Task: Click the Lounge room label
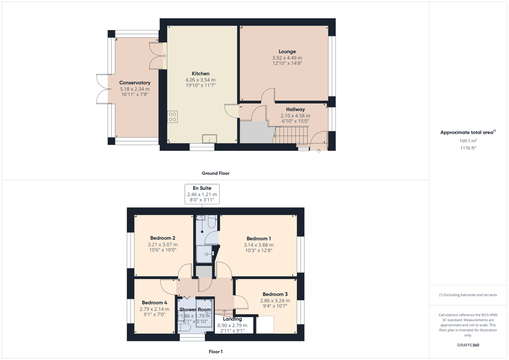point(287,51)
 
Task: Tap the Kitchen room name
point(200,74)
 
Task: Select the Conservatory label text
point(135,83)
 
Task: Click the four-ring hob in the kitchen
point(172,117)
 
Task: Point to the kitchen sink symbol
point(209,139)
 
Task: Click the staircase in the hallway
point(291,135)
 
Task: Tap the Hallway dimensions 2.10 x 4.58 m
point(295,115)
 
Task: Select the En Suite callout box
point(202,194)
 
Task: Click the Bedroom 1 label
point(258,239)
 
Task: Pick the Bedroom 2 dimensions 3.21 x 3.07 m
point(163,245)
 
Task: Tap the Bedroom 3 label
point(275,294)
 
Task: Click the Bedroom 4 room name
point(154,303)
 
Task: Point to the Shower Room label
point(195,310)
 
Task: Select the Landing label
point(232,319)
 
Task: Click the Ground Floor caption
point(216,174)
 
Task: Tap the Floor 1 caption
point(216,352)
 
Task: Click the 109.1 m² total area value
point(468,141)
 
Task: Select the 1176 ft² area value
point(468,148)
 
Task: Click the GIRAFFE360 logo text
point(468,345)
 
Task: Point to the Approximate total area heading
point(468,132)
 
